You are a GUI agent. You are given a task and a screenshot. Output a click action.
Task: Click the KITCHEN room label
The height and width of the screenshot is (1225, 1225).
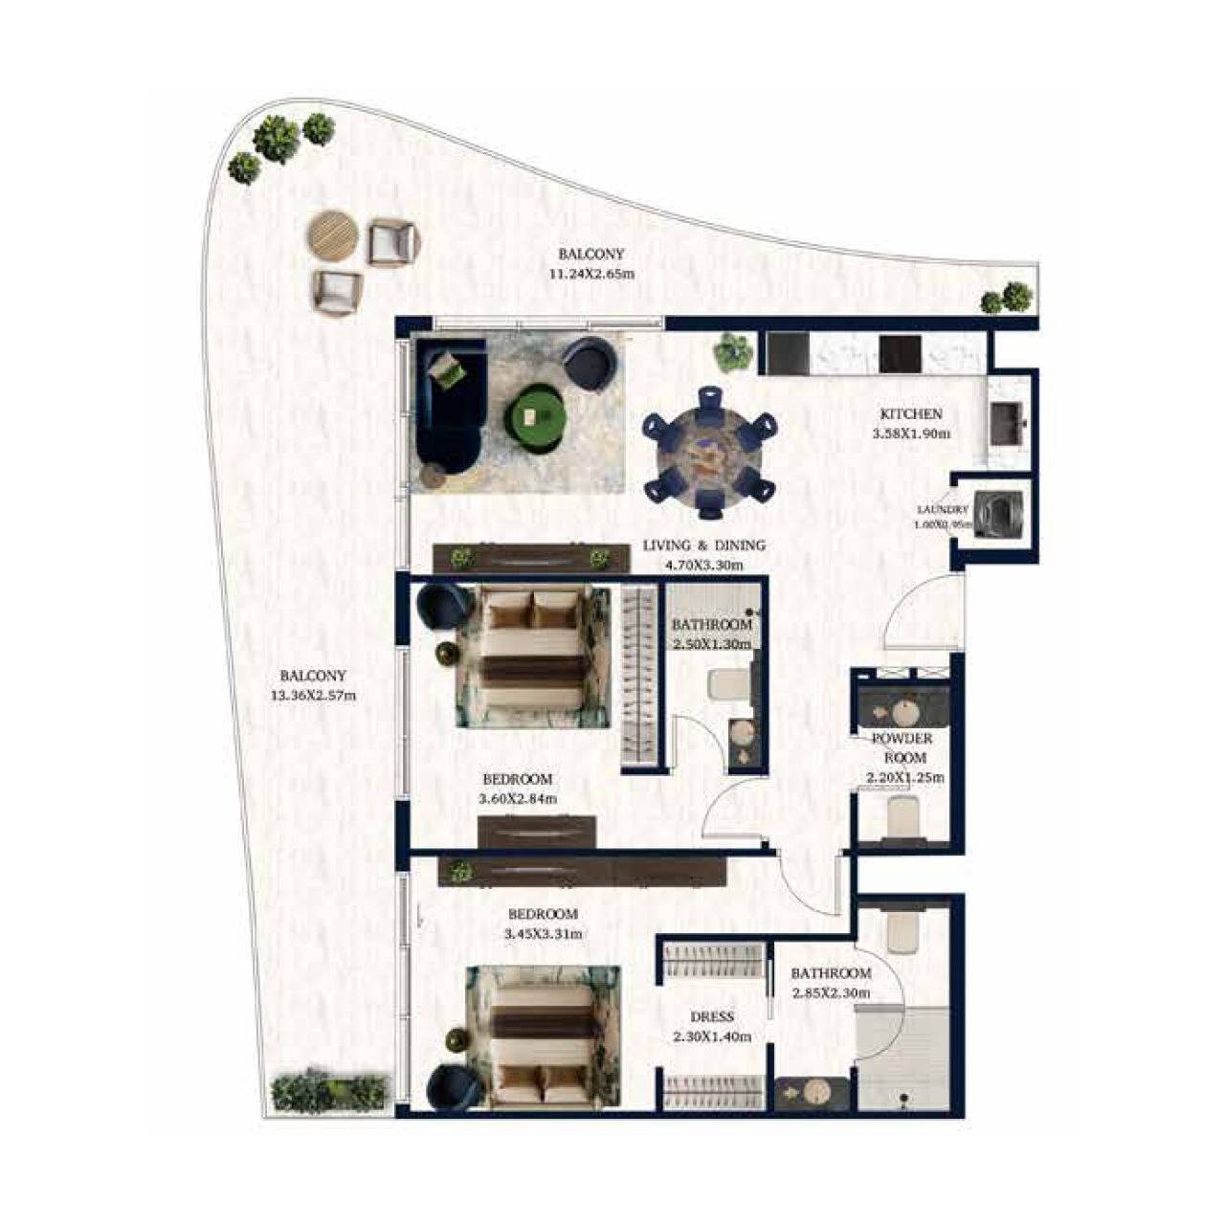click(x=911, y=414)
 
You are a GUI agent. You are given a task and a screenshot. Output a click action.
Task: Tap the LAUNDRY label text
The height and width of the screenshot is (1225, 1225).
click(x=942, y=510)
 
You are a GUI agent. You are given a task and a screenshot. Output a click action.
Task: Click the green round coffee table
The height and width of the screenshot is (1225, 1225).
click(x=537, y=413)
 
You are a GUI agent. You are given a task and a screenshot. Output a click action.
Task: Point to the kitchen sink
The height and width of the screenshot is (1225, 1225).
click(x=1008, y=422)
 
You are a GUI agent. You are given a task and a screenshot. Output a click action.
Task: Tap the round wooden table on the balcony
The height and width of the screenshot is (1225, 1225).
click(x=333, y=234)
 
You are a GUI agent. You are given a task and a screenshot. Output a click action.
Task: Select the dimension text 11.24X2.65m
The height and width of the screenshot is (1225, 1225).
click(x=591, y=274)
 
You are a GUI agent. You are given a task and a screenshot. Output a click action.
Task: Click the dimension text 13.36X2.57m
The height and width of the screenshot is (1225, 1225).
click(x=313, y=696)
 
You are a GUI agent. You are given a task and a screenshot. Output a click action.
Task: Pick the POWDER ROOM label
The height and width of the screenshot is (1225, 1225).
click(x=902, y=747)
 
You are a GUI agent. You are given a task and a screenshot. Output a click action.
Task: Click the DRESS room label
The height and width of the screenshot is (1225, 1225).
click(x=712, y=1016)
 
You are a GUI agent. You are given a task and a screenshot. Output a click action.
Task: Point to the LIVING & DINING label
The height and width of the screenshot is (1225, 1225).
click(x=703, y=546)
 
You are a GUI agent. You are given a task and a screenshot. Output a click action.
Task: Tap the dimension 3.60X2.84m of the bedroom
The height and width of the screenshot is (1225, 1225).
click(x=518, y=799)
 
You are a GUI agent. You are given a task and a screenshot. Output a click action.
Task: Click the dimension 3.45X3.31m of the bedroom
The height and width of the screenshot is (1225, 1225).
click(x=543, y=933)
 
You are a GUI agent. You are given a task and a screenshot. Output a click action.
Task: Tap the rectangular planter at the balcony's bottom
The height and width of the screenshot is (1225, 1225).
click(x=330, y=1092)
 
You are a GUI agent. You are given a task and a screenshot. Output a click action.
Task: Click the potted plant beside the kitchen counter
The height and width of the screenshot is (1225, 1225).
click(x=733, y=352)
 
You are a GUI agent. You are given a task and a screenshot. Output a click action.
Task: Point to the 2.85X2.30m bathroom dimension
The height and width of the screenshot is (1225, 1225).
click(x=831, y=993)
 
